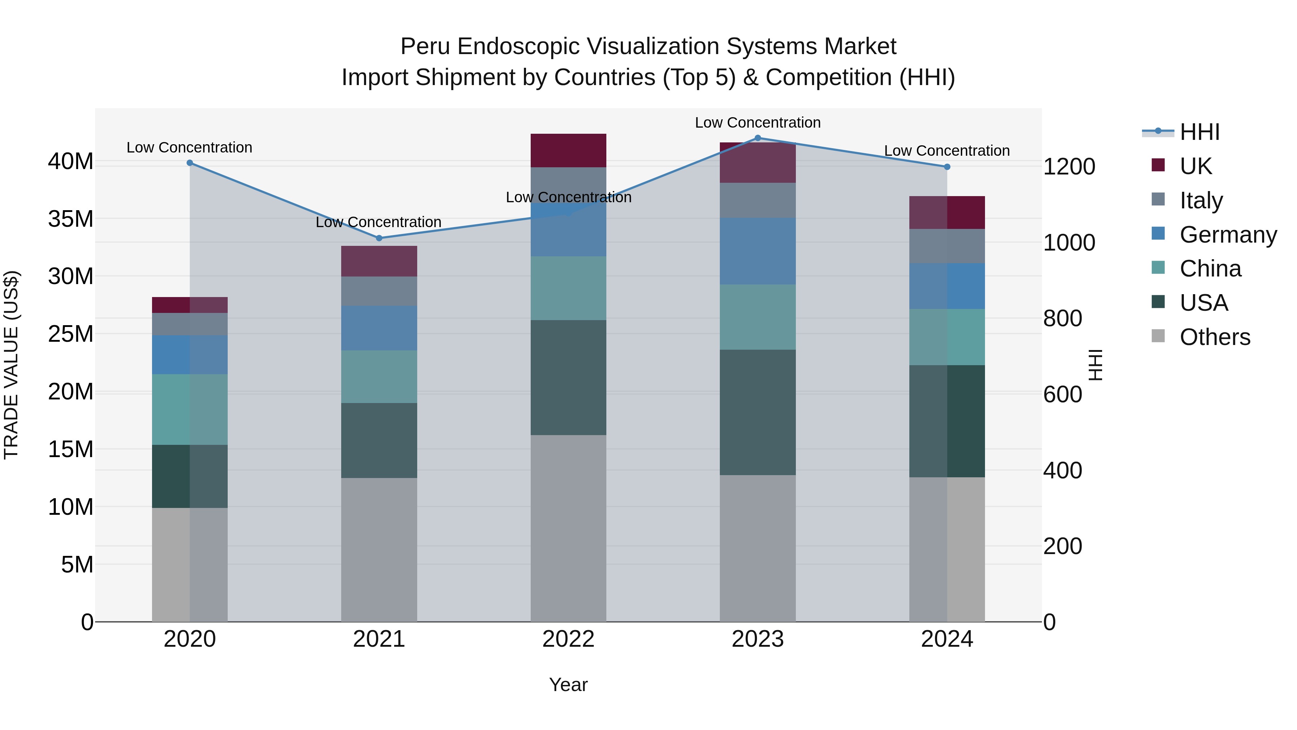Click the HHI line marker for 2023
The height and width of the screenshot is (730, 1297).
(757, 138)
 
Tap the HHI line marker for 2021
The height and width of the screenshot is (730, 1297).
(379, 238)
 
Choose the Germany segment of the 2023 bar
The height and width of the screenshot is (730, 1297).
(757, 251)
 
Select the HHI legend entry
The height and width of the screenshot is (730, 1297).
(1199, 132)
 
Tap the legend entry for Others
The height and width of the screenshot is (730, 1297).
(1214, 337)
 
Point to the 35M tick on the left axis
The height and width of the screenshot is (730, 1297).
(71, 219)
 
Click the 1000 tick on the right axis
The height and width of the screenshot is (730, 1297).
(1069, 243)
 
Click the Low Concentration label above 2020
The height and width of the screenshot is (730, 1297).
(189, 147)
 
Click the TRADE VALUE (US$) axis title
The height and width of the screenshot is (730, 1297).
(11, 365)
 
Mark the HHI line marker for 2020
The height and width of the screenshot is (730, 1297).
(190, 163)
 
